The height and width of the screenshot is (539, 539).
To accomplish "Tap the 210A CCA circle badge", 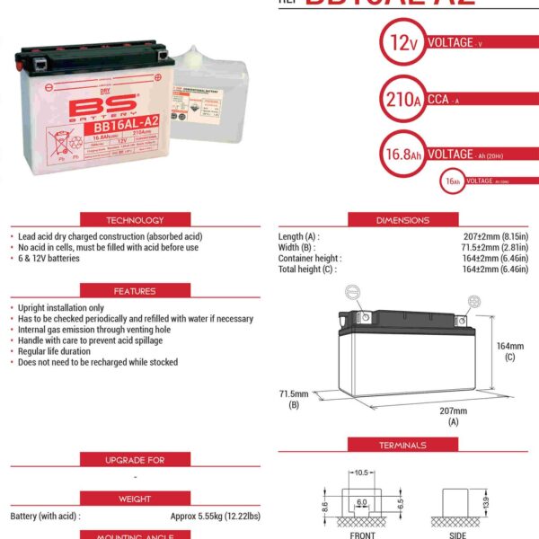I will [400, 99].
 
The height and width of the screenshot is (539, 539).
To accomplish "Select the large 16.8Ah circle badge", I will [400, 155].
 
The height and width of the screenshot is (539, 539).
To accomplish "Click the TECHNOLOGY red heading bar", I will [135, 220].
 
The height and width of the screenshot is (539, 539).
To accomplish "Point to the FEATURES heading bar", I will [135, 291].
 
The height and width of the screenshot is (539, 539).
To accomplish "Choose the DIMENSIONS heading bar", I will [402, 220].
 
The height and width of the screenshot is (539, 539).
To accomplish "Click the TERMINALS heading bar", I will [402, 446].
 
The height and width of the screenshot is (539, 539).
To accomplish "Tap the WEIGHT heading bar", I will [135, 498].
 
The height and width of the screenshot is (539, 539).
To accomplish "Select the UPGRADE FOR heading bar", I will [135, 460].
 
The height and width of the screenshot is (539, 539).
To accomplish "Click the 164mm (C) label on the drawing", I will [509, 350].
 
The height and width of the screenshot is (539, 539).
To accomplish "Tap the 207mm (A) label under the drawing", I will [453, 415].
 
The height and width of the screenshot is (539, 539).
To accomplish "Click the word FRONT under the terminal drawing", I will [364, 534].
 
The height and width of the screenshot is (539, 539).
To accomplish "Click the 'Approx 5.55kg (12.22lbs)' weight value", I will [216, 517].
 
